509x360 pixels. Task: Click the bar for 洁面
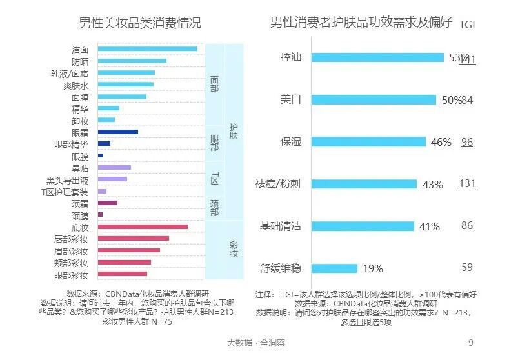click(147, 49)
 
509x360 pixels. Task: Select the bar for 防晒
click(132, 61)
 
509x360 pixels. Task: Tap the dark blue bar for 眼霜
click(117, 132)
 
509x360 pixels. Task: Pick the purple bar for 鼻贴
click(114, 168)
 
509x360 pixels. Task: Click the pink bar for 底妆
click(143, 227)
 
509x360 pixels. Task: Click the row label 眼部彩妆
click(71, 275)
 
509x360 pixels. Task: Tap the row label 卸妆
click(80, 120)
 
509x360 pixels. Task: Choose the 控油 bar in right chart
click(377, 57)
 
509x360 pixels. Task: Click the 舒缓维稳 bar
click(334, 268)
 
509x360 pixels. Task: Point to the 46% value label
click(441, 143)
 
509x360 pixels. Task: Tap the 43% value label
click(432, 185)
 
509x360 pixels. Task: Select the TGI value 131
click(467, 183)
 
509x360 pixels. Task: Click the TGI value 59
click(467, 268)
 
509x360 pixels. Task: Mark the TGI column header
click(467, 25)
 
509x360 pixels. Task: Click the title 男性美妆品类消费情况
click(139, 24)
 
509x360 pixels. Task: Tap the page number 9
click(470, 342)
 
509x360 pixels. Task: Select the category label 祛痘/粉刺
click(278, 184)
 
